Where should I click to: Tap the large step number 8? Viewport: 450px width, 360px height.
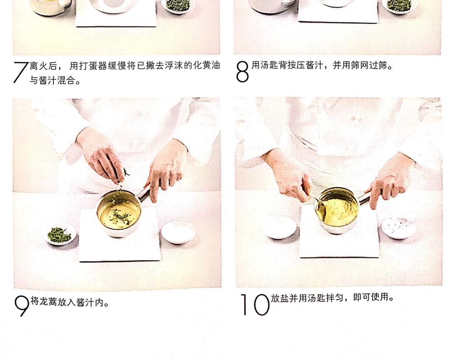coord(242,72)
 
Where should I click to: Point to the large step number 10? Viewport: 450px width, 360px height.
coord(255,305)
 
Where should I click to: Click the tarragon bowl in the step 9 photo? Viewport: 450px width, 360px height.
coord(60,234)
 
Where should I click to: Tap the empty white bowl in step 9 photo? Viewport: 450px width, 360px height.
coord(178,232)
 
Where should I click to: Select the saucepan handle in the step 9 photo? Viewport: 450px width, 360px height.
coord(144,194)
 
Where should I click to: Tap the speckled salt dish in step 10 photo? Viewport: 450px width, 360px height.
coord(398,228)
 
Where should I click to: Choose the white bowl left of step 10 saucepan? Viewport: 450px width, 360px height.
coord(279,227)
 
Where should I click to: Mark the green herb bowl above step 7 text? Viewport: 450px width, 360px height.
coord(178,5)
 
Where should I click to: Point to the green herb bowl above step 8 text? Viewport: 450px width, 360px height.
coord(399,5)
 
